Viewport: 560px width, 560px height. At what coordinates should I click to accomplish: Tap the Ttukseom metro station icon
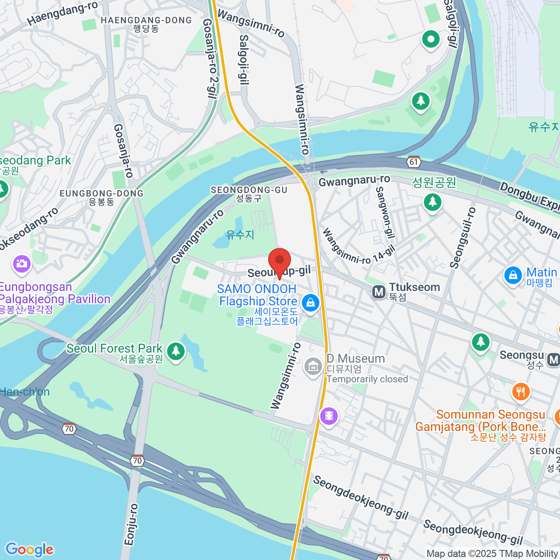(378, 292)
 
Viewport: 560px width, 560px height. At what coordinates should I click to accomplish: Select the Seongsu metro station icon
(553, 360)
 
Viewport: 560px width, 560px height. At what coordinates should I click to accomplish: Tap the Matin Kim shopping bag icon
(512, 275)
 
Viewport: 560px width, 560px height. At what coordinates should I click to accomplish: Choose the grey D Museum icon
(313, 366)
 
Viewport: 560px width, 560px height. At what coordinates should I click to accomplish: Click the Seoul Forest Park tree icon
(175, 350)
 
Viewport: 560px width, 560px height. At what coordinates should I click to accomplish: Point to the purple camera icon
(21, 264)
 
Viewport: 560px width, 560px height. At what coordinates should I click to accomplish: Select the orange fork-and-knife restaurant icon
(521, 392)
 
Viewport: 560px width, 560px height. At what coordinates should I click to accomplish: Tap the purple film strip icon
(329, 415)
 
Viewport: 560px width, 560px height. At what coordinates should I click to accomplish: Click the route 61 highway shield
(413, 162)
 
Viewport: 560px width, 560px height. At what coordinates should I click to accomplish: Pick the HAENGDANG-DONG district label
(146, 21)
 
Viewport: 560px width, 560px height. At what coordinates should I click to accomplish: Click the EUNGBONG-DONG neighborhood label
(101, 193)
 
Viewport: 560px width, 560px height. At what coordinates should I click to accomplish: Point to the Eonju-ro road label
(131, 524)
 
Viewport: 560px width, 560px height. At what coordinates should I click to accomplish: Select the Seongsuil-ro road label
(462, 238)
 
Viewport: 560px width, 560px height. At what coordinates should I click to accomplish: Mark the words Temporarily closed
(367, 379)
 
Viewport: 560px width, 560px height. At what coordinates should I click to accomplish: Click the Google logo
(29, 549)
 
